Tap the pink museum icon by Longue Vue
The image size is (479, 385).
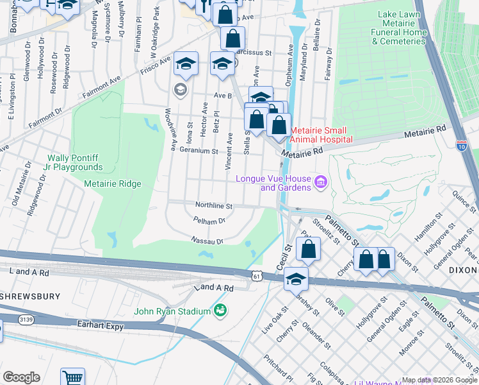pos(321,184)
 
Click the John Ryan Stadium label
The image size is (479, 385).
pos(172,312)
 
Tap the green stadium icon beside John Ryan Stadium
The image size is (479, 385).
pos(220,311)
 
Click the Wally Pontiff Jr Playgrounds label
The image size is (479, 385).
pos(75,162)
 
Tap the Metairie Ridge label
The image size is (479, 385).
pos(113,184)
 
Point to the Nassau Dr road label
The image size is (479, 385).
pos(206,241)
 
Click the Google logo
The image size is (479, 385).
pos(21,377)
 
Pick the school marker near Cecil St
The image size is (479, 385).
pos(296,278)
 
